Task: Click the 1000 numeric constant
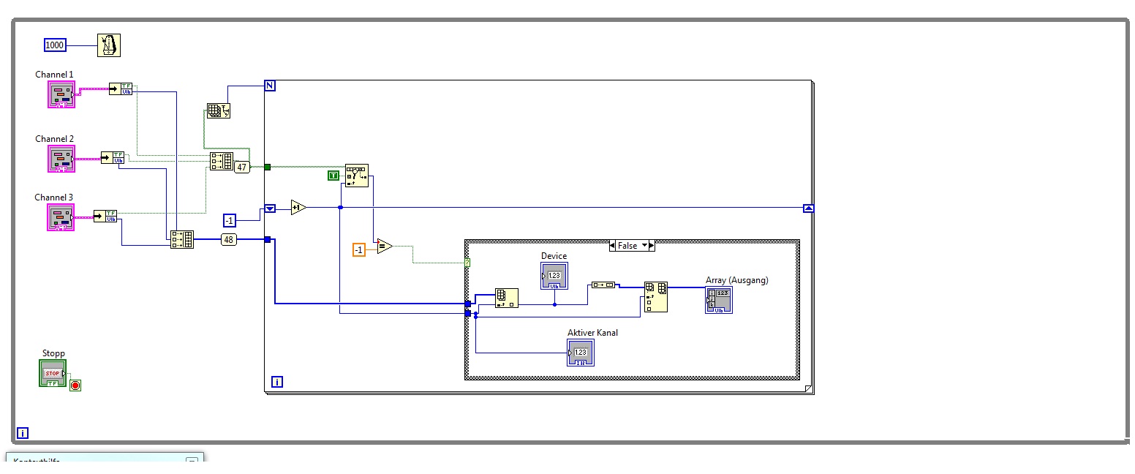pyautogui.click(x=55, y=45)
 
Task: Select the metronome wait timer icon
pyautogui.click(x=109, y=45)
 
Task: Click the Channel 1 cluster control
pyautogui.click(x=61, y=94)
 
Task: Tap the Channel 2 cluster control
pyautogui.click(x=61, y=159)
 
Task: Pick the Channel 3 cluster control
pyautogui.click(x=61, y=217)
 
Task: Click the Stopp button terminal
pyautogui.click(x=53, y=373)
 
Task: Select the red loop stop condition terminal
pyautogui.click(x=75, y=385)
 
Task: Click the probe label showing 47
pyautogui.click(x=242, y=167)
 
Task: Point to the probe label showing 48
pyautogui.click(x=229, y=239)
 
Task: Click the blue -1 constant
pyautogui.click(x=230, y=221)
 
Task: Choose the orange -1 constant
pyautogui.click(x=358, y=249)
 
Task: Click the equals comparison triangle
pyautogui.click(x=384, y=247)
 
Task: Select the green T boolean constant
pyautogui.click(x=333, y=176)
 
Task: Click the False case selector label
pyautogui.click(x=627, y=246)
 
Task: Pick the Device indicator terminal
pyautogui.click(x=554, y=276)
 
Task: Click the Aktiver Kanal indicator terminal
pyautogui.click(x=581, y=353)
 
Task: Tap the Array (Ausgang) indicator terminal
pyautogui.click(x=718, y=300)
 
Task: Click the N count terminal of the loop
pyautogui.click(x=270, y=86)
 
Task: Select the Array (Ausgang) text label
pyautogui.click(x=736, y=280)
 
